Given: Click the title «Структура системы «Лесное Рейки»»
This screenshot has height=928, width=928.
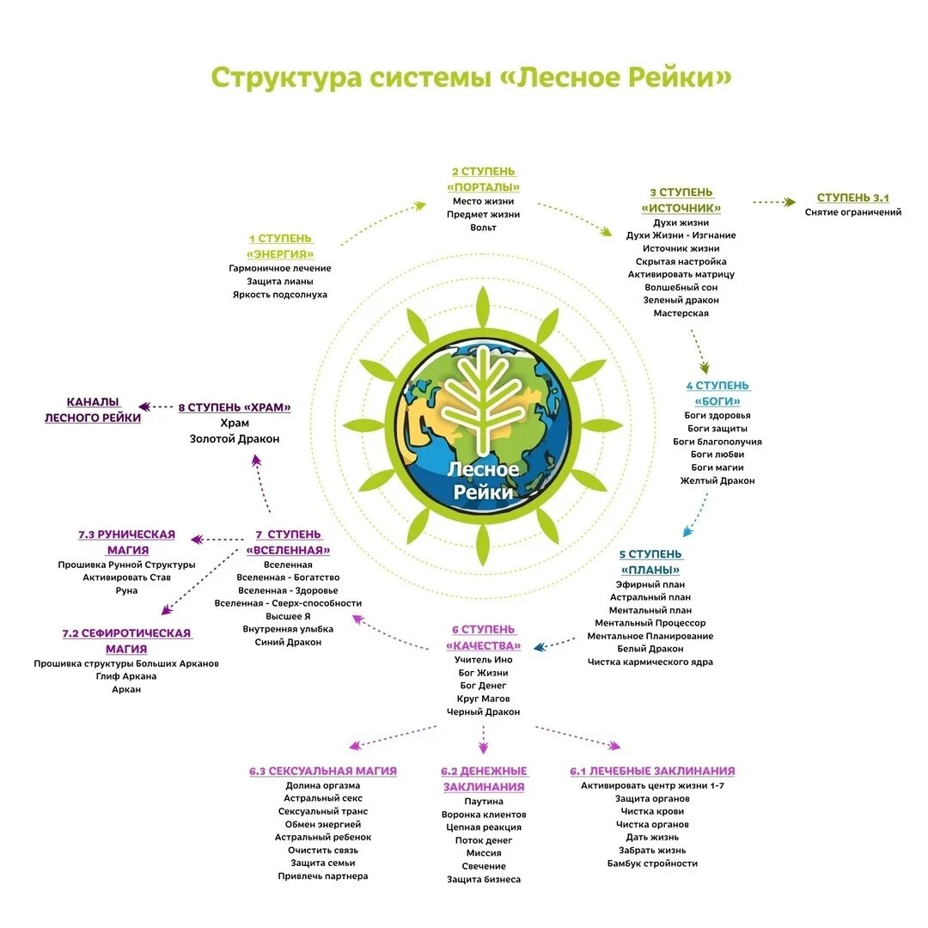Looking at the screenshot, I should click(472, 76).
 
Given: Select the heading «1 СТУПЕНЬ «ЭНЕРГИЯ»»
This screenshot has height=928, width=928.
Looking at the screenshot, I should click(280, 246).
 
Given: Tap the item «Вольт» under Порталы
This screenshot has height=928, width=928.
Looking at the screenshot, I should click(483, 227).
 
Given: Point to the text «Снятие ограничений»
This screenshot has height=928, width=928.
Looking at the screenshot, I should click(853, 211).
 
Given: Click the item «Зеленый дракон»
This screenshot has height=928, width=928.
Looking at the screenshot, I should click(681, 300).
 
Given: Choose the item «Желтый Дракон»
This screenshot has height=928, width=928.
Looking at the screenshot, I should click(717, 480).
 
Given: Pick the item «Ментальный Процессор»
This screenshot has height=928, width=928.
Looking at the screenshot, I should click(650, 622).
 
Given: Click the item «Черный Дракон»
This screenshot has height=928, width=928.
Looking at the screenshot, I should click(483, 711).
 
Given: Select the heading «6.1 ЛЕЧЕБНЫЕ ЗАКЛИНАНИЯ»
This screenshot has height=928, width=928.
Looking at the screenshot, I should click(652, 771).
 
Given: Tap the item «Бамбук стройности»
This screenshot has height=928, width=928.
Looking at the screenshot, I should click(652, 863).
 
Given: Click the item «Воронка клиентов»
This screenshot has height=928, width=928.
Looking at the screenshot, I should click(484, 814).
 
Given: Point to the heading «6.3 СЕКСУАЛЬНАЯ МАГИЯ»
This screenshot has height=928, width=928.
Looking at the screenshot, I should click(323, 771).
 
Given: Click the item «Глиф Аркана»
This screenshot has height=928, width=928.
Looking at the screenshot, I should click(126, 676).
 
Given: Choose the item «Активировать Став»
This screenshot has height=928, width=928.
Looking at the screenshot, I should click(126, 577).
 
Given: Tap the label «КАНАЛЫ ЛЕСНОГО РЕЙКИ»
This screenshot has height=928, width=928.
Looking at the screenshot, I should click(93, 409).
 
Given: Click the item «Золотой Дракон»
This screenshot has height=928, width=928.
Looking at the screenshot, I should click(235, 438).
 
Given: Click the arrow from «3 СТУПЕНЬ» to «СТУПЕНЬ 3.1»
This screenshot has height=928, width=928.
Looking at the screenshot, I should click(773, 202).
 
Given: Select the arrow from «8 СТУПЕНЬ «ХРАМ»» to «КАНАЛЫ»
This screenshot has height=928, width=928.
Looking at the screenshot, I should click(156, 406).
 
